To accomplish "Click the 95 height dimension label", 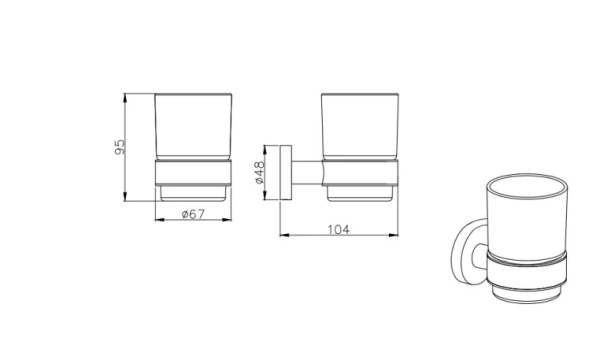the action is pos(120,147).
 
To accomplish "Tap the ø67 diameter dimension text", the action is pos(193,214).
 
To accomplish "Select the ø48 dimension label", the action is pos(259,172).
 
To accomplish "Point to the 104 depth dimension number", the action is pos(339,230).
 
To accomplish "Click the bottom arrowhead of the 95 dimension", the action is pos(125,197).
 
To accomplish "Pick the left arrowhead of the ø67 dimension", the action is pos(160,220).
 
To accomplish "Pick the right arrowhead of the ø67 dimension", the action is pos(227,220).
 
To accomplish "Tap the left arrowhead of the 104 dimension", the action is pos(284,235).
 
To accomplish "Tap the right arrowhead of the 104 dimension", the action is pos(393,235).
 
